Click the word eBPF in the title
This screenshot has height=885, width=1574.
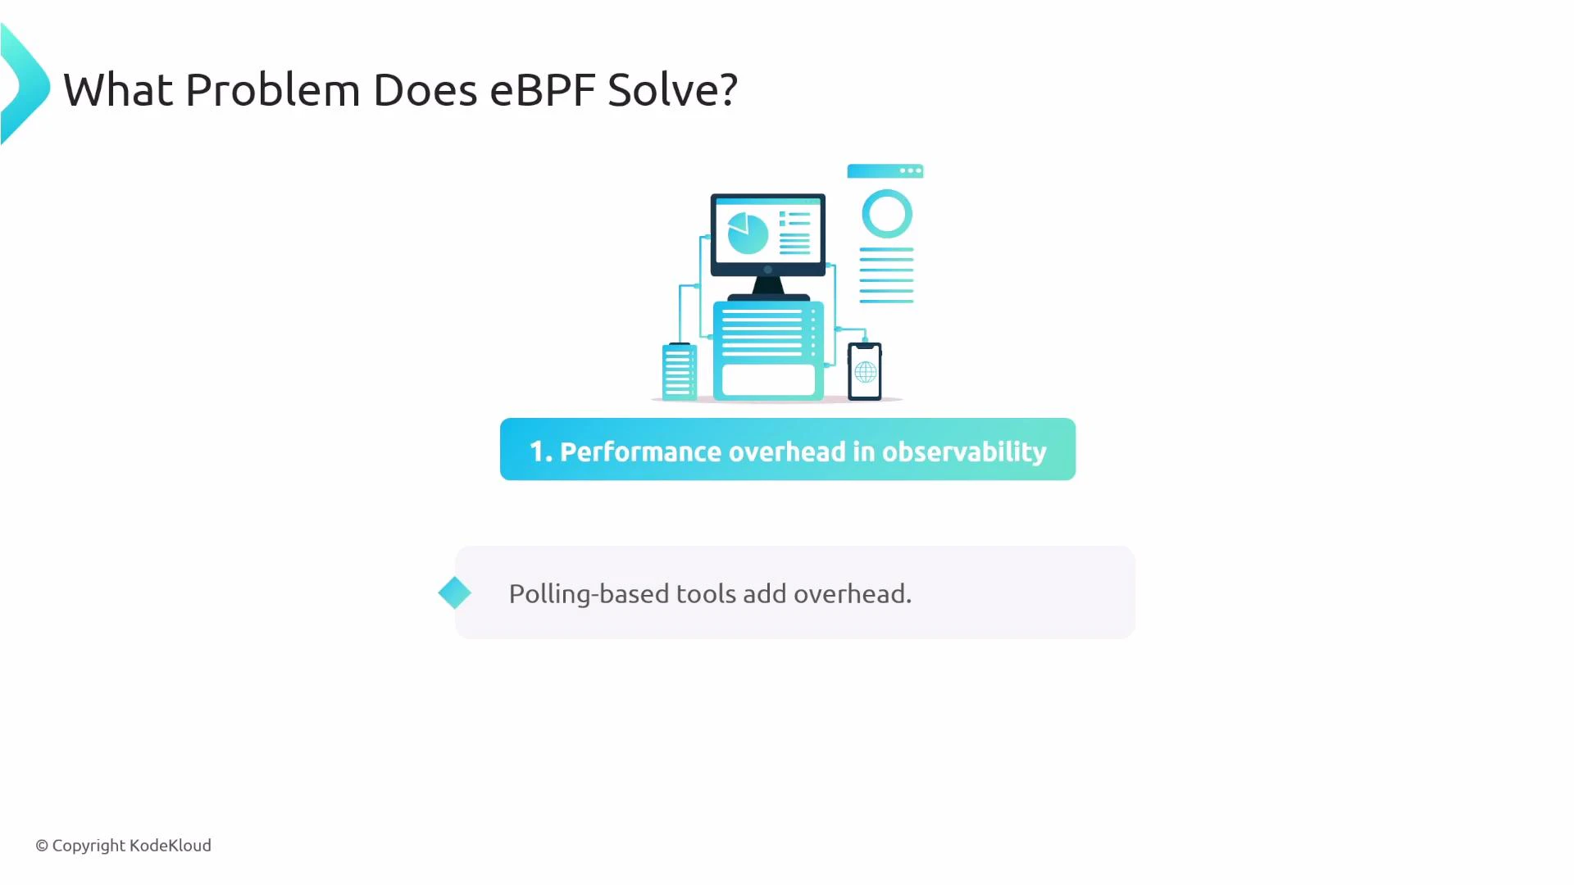point(542,89)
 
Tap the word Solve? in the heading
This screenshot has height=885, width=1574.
point(672,89)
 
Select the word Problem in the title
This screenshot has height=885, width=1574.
point(273,89)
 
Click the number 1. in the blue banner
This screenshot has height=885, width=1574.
point(540,452)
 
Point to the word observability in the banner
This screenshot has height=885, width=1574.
point(964,452)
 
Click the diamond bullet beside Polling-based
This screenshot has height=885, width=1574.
point(454,592)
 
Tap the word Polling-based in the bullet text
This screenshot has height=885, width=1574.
point(589,593)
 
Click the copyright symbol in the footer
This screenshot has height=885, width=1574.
point(42,846)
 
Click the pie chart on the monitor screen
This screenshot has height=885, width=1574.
point(748,234)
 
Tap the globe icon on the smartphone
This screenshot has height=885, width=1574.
point(865,374)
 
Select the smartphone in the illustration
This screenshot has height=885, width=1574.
point(865,371)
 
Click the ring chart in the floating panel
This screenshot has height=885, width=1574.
point(887,214)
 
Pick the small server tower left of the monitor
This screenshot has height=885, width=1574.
point(679,371)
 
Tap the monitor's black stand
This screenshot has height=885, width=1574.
point(768,286)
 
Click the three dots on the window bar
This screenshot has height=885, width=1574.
point(910,170)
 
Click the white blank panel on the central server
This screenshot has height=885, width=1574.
point(768,379)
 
